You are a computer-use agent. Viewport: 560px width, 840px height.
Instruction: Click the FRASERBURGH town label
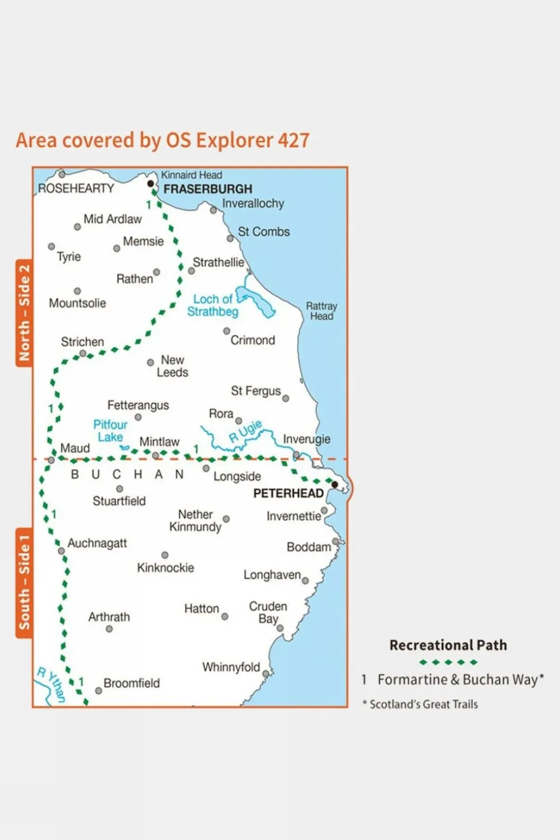pyautogui.click(x=208, y=189)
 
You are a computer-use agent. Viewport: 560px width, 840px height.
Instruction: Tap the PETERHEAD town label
pyautogui.click(x=288, y=493)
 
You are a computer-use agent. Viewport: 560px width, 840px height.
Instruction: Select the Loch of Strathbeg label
pyautogui.click(x=213, y=305)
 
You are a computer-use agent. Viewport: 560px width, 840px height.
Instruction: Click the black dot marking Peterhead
pyautogui.click(x=335, y=485)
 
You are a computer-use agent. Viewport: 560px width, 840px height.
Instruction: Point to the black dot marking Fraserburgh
pyautogui.click(x=151, y=183)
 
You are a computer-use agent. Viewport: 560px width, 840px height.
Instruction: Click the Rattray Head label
pyautogui.click(x=322, y=311)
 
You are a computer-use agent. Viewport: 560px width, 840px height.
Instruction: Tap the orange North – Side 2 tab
pyautogui.click(x=24, y=313)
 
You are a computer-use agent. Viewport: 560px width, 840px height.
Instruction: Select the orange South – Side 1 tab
pyautogui.click(x=24, y=583)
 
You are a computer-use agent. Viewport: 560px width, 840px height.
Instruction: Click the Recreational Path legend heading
pyautogui.click(x=448, y=645)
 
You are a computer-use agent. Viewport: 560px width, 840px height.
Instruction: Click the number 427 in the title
pyautogui.click(x=293, y=141)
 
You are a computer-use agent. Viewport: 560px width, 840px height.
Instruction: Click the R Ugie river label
pyautogui.click(x=245, y=431)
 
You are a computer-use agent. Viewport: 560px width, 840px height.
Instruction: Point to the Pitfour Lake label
pyautogui.click(x=110, y=431)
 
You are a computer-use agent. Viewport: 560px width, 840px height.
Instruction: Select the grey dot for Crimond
pyautogui.click(x=227, y=331)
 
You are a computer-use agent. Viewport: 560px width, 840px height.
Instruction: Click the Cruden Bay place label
pyautogui.click(x=268, y=612)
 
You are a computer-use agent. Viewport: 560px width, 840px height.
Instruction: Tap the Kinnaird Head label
pyautogui.click(x=192, y=175)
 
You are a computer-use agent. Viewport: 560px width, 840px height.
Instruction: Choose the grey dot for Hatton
pyautogui.click(x=225, y=616)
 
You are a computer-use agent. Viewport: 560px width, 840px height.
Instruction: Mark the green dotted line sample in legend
pyautogui.click(x=448, y=663)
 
